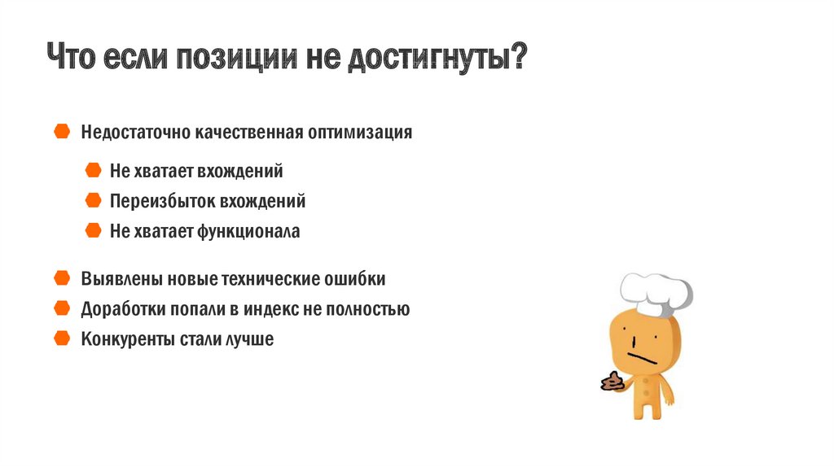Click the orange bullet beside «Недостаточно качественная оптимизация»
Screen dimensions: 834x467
click(x=62, y=131)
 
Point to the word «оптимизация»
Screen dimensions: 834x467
click(x=360, y=133)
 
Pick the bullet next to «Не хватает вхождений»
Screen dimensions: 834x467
click(x=93, y=170)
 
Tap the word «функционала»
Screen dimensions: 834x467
click(x=248, y=232)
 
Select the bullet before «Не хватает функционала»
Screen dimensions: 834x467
click(x=93, y=230)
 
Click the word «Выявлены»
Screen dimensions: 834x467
click(x=122, y=279)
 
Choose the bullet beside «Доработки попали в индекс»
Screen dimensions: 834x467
click(x=62, y=308)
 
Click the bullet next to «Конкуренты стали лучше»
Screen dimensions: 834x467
click(x=62, y=338)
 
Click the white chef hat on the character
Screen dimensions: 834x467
click(x=656, y=294)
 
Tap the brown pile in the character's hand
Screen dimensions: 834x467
click(x=612, y=382)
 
